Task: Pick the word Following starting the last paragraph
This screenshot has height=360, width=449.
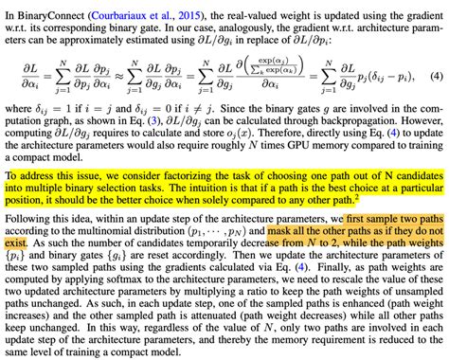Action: [27, 219]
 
